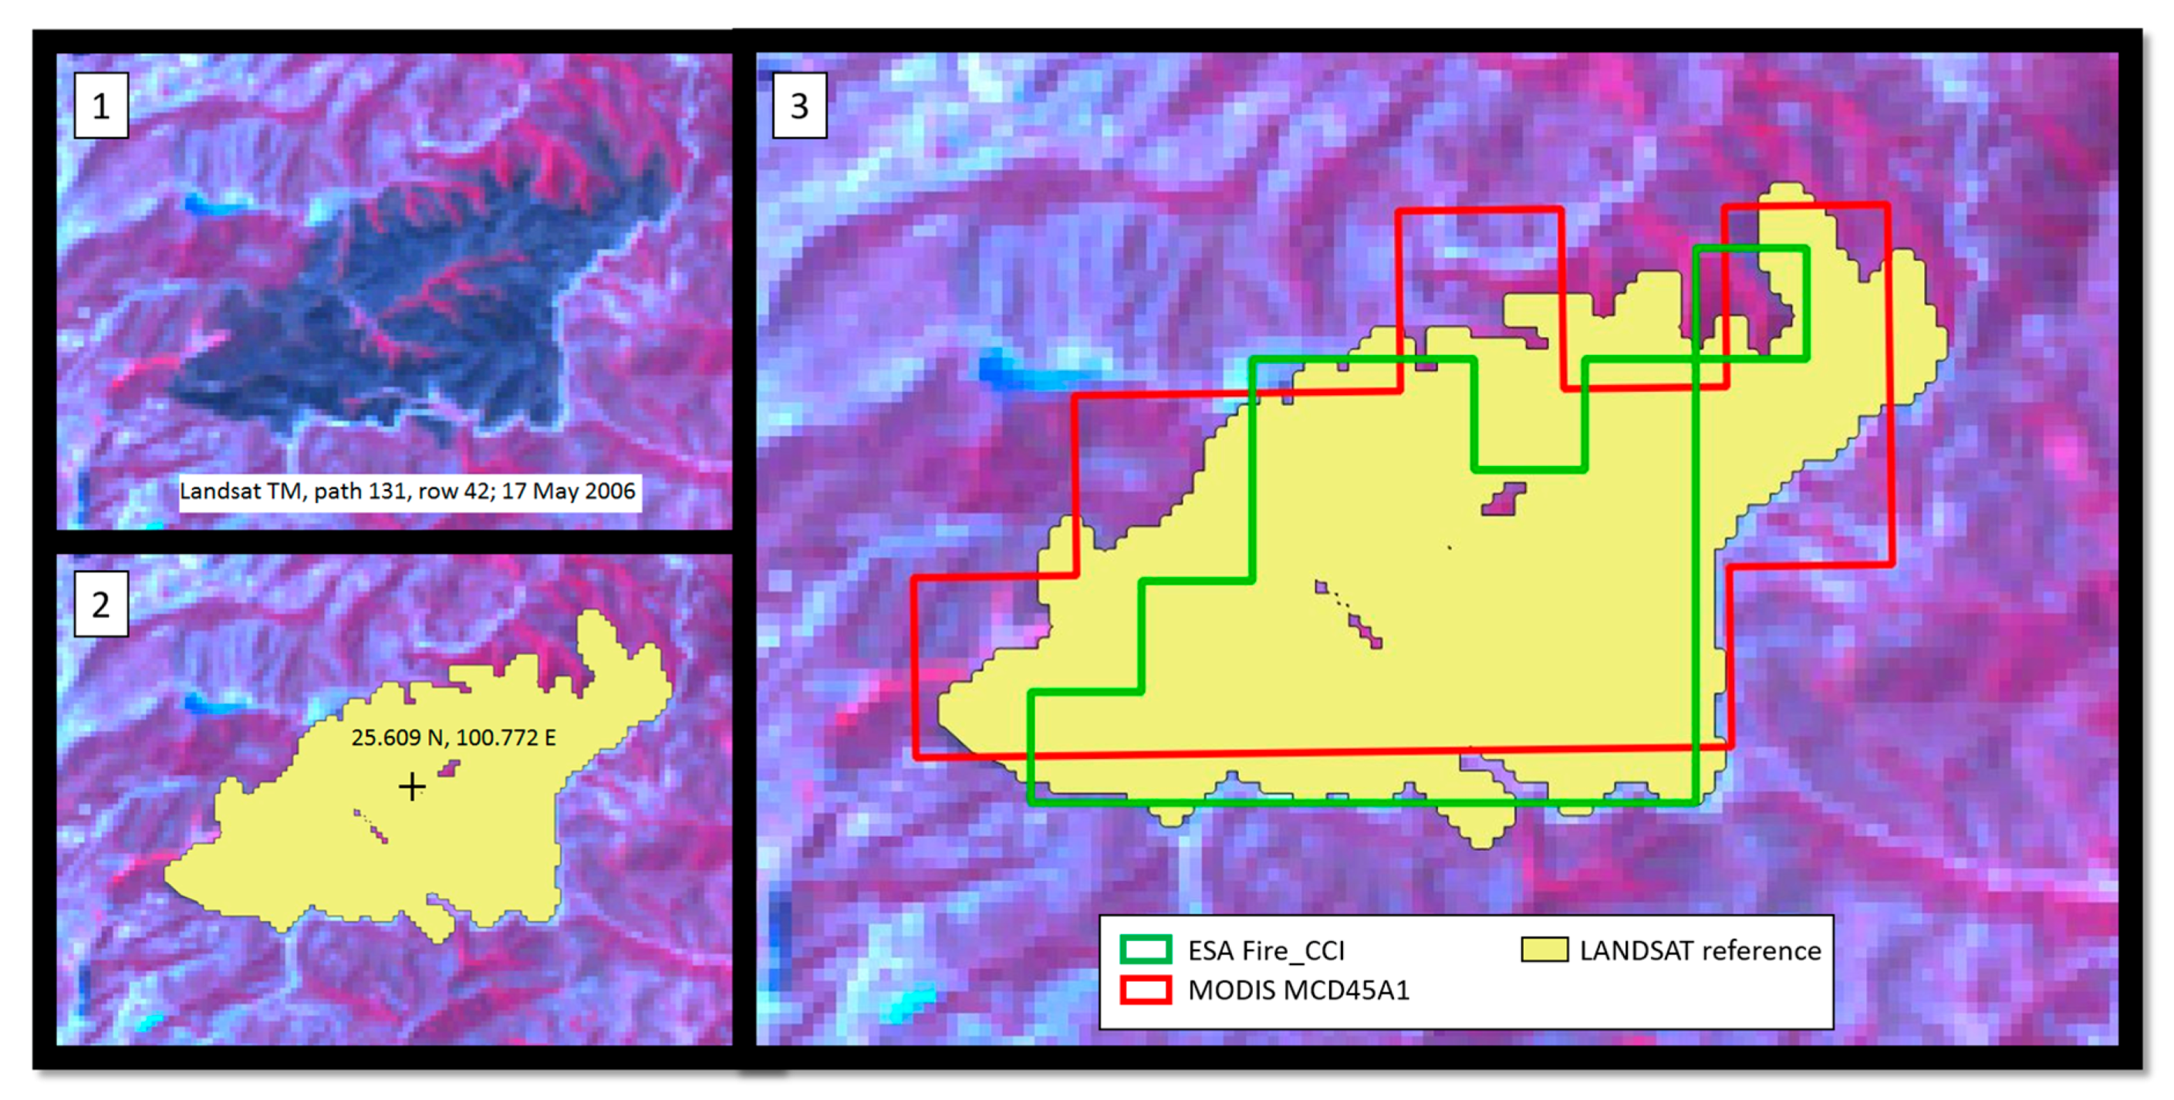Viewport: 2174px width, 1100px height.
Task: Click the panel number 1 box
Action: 100,106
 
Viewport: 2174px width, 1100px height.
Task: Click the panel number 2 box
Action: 100,604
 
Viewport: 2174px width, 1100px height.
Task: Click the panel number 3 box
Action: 798,106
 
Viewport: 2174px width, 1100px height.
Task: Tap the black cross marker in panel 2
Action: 412,786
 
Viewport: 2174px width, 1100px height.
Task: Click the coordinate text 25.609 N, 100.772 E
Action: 453,737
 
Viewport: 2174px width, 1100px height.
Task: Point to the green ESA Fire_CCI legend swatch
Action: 1145,949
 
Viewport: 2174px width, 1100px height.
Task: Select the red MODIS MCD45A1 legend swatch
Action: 1145,989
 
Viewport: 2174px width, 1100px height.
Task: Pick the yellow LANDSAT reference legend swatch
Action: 1544,949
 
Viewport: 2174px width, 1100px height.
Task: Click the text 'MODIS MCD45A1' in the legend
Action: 1298,990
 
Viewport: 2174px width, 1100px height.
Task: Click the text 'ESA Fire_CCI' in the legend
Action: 1266,950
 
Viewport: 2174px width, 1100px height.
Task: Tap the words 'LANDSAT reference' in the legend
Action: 1700,950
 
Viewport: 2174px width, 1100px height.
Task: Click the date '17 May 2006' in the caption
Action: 568,491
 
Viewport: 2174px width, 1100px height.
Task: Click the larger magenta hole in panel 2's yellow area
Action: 449,768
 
